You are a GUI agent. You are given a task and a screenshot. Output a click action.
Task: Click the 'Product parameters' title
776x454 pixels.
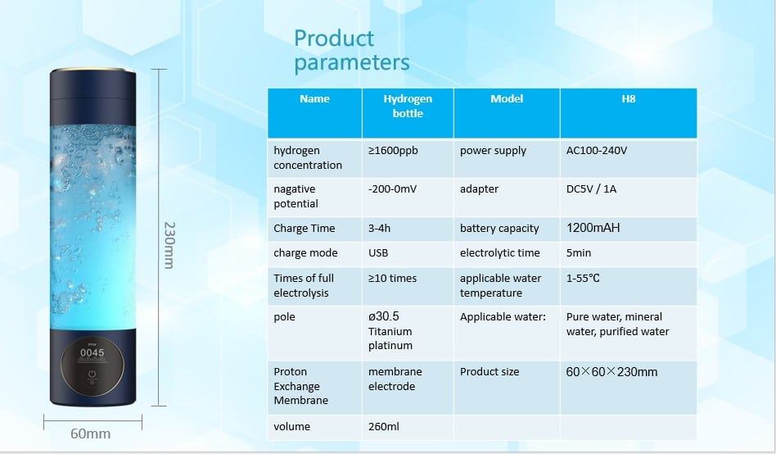[x=352, y=51]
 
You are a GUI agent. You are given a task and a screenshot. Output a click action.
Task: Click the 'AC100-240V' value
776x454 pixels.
[x=597, y=150]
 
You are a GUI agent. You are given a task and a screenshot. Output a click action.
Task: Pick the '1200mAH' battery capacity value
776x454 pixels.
[x=593, y=228]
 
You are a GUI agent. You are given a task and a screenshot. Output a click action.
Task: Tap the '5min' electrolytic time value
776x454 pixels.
[x=579, y=252]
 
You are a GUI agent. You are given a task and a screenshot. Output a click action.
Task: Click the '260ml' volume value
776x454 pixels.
[x=384, y=426]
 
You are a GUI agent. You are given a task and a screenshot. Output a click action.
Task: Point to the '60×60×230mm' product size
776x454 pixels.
[x=611, y=372]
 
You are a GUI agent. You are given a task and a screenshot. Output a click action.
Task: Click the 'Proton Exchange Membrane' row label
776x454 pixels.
[x=301, y=386]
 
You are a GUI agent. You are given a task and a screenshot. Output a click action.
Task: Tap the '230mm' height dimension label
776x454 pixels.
[x=169, y=245]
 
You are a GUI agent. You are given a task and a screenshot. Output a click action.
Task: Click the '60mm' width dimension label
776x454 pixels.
[x=91, y=434]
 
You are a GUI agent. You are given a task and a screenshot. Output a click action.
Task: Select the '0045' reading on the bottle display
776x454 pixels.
[x=92, y=353]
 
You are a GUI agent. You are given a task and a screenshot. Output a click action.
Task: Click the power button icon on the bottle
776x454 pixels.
[x=92, y=374]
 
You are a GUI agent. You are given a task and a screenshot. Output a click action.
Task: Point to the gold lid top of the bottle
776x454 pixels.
[x=92, y=70]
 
